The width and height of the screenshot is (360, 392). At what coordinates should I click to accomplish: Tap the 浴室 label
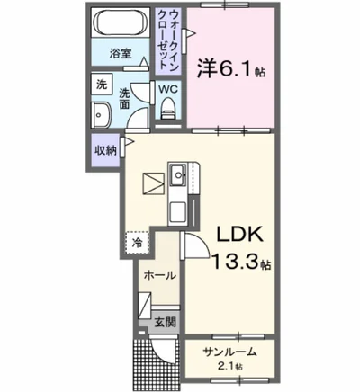pos(121,53)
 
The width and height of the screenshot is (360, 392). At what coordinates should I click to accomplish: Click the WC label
pos(167,89)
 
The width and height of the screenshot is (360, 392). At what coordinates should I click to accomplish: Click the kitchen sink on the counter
pos(177,172)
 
